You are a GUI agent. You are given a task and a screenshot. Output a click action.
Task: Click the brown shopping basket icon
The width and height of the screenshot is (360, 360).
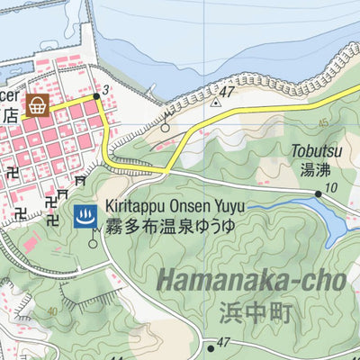click(x=38, y=105)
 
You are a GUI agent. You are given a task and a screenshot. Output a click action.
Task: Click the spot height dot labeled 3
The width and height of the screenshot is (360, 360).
click(x=96, y=94)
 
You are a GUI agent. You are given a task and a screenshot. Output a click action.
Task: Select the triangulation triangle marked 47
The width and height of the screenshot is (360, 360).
click(x=215, y=103)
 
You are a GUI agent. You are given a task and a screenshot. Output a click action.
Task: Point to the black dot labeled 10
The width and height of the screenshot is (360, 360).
click(x=318, y=193)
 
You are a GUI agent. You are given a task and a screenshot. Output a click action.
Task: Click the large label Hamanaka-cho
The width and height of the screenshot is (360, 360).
click(x=251, y=281)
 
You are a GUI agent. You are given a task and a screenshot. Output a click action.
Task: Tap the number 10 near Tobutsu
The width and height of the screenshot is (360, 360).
click(x=332, y=186)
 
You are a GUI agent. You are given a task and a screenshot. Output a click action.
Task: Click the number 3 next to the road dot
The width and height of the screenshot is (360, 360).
click(x=106, y=89)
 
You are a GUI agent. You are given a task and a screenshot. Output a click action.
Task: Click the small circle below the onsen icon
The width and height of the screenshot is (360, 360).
click(x=93, y=243)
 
